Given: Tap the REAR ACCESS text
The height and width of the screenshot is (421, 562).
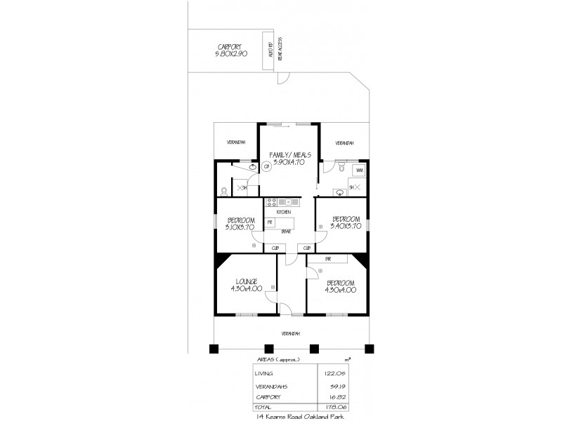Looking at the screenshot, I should coord(280,49).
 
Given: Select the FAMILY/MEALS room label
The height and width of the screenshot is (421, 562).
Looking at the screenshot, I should coord(289,158).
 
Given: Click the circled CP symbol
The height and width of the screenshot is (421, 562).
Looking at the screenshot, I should coord(267,167).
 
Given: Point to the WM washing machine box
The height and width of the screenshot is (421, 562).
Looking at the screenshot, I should coord(359,171).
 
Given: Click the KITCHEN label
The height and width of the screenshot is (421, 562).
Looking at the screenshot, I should coord(283,211).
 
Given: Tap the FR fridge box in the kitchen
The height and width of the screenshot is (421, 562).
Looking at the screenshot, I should coord(270,222).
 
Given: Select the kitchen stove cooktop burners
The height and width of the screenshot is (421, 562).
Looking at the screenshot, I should coord(272,203).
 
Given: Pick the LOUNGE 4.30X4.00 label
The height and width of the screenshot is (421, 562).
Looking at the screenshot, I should coord(246,284).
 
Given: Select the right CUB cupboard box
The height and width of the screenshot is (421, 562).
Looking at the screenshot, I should coord(307,248).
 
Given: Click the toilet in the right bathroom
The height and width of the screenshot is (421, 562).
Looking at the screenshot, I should coord(340,168).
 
